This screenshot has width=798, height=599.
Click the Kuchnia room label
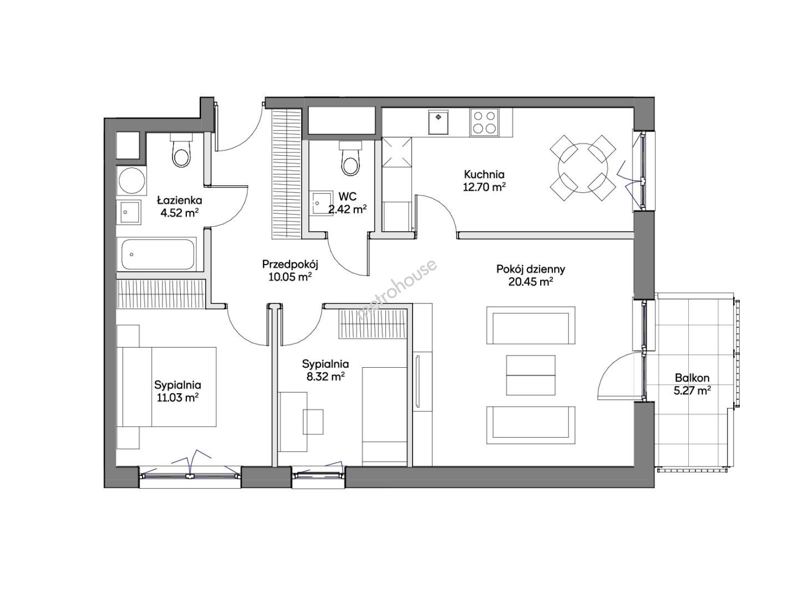(x=484, y=174)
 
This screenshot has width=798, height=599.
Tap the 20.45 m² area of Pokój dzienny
(x=531, y=282)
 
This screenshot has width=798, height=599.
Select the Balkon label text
(x=692, y=378)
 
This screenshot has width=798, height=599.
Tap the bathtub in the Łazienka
(x=157, y=254)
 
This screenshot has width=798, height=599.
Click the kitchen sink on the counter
(x=439, y=122)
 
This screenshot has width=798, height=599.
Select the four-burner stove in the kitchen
(x=484, y=123)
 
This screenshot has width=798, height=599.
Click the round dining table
(x=583, y=168)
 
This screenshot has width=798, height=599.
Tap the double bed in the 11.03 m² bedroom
(x=170, y=387)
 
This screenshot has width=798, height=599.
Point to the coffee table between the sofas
(x=530, y=375)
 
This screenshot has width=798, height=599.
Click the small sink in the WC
(x=322, y=204)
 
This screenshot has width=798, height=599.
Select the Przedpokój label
(x=290, y=264)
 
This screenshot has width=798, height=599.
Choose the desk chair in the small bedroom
(x=313, y=422)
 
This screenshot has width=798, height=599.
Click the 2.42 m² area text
(x=347, y=210)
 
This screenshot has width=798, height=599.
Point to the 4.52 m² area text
(x=180, y=212)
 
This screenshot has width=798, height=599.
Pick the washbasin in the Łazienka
(x=128, y=211)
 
